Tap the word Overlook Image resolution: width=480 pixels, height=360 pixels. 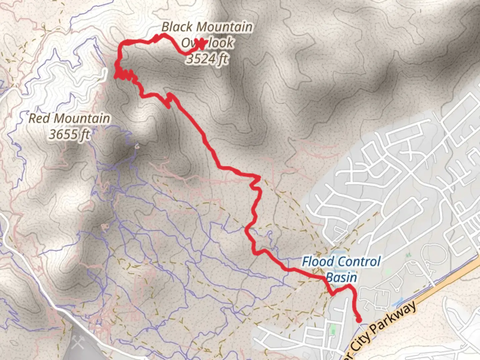click(x=207, y=43)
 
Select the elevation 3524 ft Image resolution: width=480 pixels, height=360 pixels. click(x=207, y=59)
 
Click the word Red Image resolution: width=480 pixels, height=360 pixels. click(x=39, y=118)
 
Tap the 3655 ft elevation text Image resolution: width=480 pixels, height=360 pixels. click(x=69, y=134)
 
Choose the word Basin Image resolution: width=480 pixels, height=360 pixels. click(x=341, y=277)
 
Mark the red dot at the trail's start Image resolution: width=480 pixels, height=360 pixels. click(x=359, y=320)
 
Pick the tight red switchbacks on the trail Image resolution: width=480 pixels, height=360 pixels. click(x=125, y=75)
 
